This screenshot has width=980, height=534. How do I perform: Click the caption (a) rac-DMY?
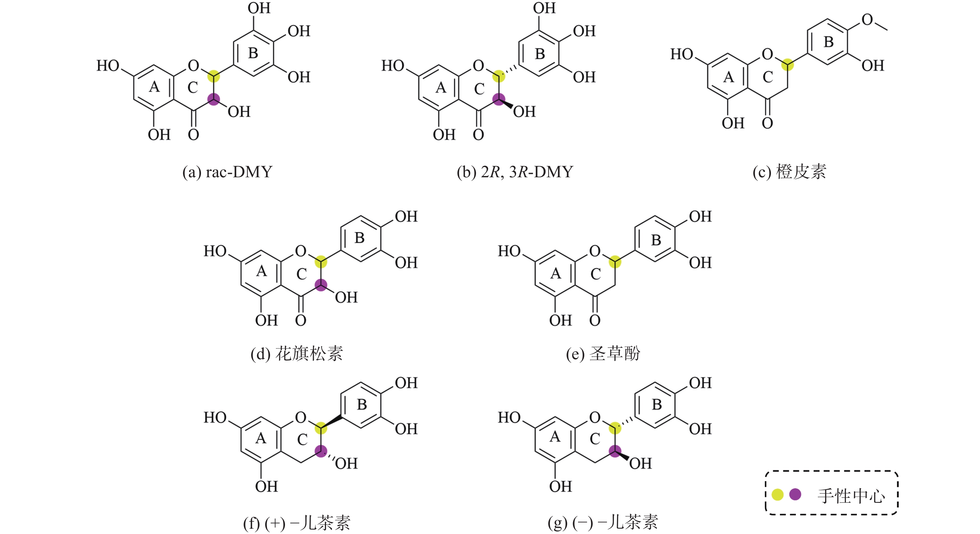pos(227,172)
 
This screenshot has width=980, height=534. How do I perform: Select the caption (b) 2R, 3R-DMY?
pos(515,172)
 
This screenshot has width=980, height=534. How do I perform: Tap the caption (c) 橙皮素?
pos(789,172)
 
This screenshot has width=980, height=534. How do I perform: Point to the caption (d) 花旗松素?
pos(297,354)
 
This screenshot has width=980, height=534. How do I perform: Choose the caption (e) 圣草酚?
pos(603,354)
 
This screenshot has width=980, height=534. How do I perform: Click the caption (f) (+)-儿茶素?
pos(297,523)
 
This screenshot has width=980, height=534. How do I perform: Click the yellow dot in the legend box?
pos(777,495)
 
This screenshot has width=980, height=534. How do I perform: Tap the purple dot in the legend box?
pos(795,495)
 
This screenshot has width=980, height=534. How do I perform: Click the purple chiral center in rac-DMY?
pos(214,100)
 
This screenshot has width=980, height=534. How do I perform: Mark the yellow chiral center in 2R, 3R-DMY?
pos(499,76)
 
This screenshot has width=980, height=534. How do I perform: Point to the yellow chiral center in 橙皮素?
pos(787,65)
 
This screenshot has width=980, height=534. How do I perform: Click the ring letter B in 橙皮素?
pos(828,42)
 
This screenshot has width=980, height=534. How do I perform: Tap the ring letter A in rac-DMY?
pos(154,87)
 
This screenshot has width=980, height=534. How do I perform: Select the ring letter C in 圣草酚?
pos(596,274)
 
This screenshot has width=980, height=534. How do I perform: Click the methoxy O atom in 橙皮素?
pos(867,19)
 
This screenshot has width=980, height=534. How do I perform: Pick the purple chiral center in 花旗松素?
pos(321,285)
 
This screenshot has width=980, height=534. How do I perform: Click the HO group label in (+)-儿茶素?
pos(215,418)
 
